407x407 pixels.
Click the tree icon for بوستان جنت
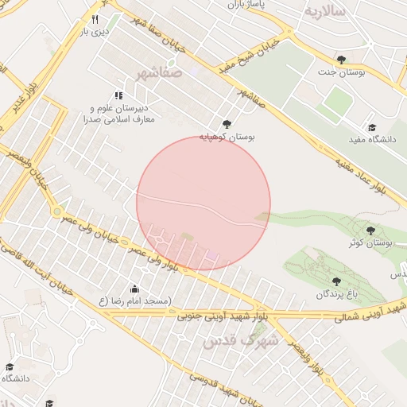tap(341, 60)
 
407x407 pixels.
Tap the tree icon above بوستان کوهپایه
tap(227, 124)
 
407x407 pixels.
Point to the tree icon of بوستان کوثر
tap(370, 231)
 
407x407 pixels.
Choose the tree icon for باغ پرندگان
tap(336, 281)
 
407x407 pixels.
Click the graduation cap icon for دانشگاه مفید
tap(371, 127)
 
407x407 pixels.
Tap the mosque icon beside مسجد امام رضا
tap(134, 289)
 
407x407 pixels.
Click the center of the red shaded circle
tap(203, 203)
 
